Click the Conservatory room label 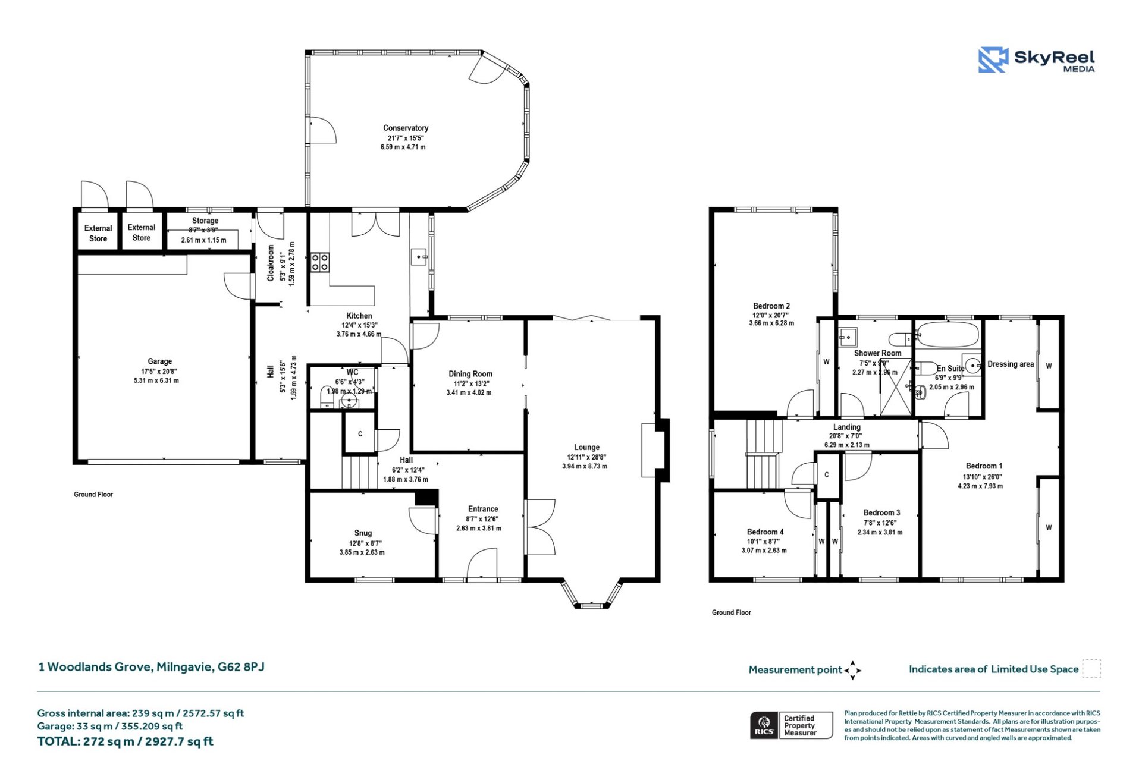[405, 128]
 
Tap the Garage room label [159, 361]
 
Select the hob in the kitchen [319, 262]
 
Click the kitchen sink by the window [419, 257]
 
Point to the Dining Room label [470, 374]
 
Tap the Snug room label [363, 533]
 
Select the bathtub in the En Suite [947, 335]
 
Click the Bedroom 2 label [771, 306]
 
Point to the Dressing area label [1010, 364]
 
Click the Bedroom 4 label [765, 532]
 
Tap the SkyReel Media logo [1036, 60]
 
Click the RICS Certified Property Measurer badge [790, 725]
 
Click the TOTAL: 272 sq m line [125, 741]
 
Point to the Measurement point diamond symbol [852, 670]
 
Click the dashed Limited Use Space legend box [1091, 668]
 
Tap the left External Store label [98, 233]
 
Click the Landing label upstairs [846, 427]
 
